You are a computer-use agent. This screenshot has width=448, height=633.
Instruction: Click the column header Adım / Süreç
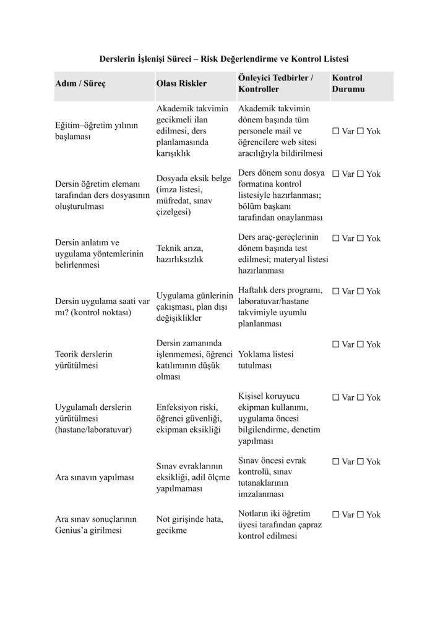81,83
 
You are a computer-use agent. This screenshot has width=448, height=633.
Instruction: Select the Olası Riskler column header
181,83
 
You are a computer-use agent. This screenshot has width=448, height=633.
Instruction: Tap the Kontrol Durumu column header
348,83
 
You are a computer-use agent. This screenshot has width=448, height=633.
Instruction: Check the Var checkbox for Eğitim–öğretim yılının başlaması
336,132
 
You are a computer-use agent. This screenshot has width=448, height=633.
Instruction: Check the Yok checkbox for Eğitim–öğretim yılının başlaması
360,132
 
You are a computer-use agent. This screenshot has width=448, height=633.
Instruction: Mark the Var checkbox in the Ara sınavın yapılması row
336,462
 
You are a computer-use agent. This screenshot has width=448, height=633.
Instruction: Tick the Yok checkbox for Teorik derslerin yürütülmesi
360,344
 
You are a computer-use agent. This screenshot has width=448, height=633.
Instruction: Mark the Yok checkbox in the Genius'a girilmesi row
360,514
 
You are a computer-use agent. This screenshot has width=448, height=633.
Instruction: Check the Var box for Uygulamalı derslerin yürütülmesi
336,397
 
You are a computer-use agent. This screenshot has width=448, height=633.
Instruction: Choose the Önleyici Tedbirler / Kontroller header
275,83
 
